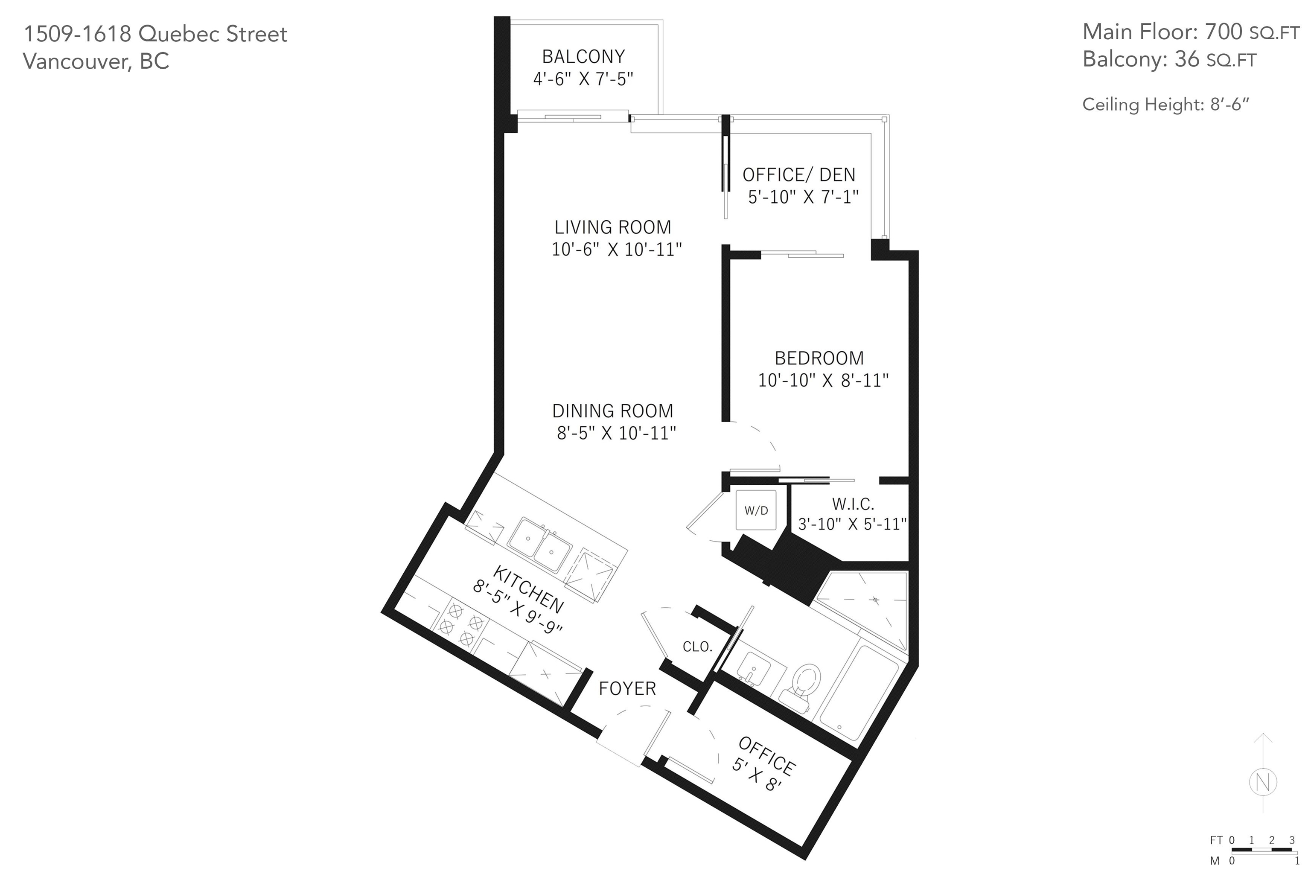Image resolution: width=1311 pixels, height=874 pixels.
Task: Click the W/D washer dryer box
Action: coord(756,510)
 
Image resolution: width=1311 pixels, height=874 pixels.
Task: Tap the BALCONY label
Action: coord(584,56)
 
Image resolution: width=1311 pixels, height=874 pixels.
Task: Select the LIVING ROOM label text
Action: coord(612,227)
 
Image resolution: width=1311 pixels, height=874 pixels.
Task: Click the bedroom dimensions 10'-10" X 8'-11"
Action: coord(823,380)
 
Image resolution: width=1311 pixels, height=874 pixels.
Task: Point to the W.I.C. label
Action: coord(853,504)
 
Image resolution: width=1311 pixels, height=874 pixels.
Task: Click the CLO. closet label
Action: coord(698,647)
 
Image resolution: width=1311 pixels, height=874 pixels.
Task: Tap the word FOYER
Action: coord(627,688)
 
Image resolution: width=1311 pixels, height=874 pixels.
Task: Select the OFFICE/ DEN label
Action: coord(799,175)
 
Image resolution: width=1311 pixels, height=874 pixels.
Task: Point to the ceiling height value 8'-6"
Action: coord(1229,104)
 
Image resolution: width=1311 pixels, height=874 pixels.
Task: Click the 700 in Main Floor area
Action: coord(1223,32)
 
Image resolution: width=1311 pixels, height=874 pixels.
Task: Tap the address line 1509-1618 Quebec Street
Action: coord(155,34)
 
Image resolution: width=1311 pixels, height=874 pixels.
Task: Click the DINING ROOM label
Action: coord(612,411)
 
